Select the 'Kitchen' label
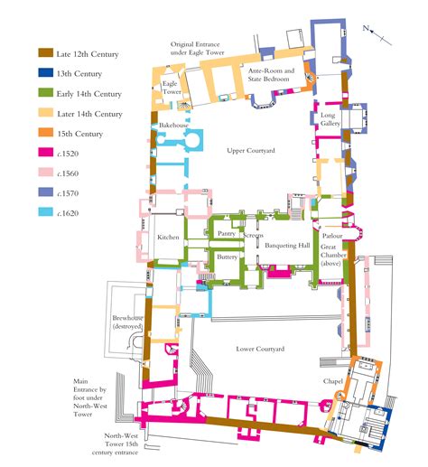pos(168,237)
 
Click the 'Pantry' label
pos(227,233)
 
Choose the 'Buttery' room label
pos(228,257)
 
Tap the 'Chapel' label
pos(333,383)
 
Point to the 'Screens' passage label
pos(254,236)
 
